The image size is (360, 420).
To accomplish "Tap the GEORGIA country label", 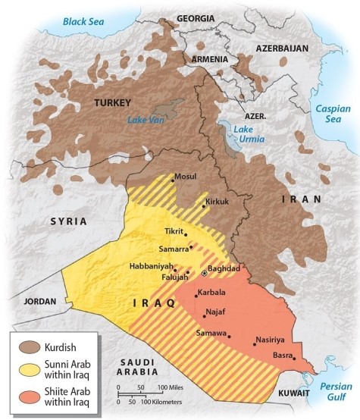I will tap(196, 17).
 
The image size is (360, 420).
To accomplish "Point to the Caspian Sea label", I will tap(334, 114).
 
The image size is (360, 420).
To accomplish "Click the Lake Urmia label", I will tap(243, 133).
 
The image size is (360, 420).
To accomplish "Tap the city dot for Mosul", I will tap(172, 180).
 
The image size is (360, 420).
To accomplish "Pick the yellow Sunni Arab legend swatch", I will tap(28, 369).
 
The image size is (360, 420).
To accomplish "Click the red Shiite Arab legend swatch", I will tap(28, 397).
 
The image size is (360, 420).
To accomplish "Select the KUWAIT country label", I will tap(293, 394).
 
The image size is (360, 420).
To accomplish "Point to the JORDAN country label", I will tap(40, 301).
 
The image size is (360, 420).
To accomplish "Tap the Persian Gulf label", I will tap(335, 390).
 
